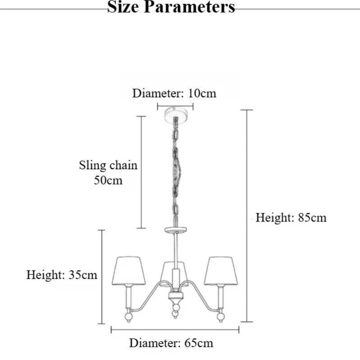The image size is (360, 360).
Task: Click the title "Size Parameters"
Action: (x=171, y=7)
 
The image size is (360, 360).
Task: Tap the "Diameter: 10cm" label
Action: (x=174, y=94)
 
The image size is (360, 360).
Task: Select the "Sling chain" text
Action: (x=108, y=165)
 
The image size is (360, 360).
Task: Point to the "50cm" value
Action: (x=108, y=180)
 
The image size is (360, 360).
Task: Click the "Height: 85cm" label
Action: (x=291, y=218)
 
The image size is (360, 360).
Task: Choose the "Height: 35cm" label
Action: (x=62, y=275)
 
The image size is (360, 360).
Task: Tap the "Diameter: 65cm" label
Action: (x=171, y=343)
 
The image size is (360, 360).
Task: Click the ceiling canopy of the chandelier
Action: (x=175, y=112)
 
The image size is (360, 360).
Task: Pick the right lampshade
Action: (x=220, y=270)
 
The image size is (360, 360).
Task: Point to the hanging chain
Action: (x=175, y=171)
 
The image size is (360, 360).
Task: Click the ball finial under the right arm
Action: (x=220, y=318)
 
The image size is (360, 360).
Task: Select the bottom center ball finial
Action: (x=175, y=314)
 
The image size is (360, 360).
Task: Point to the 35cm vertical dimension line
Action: (x=102, y=276)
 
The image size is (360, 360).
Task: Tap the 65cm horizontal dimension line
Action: (x=175, y=330)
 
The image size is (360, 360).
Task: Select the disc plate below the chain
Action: (x=175, y=230)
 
